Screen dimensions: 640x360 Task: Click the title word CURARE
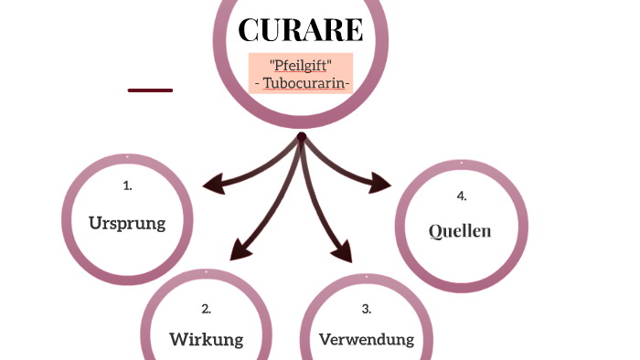(x=301, y=30)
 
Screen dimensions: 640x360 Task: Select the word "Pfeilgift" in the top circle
(x=301, y=65)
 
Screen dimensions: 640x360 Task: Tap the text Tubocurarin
(x=301, y=83)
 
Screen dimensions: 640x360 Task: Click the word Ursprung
(x=127, y=223)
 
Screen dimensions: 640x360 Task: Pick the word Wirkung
(x=207, y=340)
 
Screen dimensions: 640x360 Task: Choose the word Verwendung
(x=367, y=340)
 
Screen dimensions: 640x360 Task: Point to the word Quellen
(x=460, y=231)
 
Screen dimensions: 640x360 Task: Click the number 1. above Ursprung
(x=127, y=185)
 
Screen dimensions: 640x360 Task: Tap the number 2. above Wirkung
(x=207, y=309)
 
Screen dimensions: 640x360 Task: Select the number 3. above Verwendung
(x=367, y=309)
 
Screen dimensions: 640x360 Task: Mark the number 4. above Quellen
(x=461, y=196)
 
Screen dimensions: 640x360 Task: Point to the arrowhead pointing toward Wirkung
(x=240, y=249)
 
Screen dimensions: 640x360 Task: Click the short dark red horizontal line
(x=150, y=90)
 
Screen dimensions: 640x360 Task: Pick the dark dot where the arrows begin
(x=301, y=137)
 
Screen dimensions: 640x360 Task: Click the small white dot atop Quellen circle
(x=462, y=164)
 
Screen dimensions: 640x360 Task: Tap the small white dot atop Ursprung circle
(x=127, y=157)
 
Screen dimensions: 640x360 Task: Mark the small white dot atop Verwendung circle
(x=367, y=274)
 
